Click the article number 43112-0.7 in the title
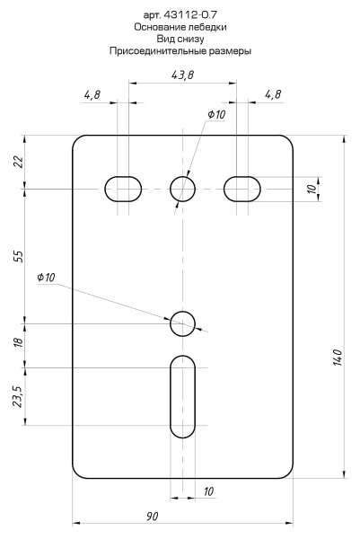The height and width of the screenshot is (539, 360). coord(190,14)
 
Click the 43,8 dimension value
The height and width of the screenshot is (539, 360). coord(182,75)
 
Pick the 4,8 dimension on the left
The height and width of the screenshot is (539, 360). coord(92,94)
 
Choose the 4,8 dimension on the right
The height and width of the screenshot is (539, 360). coord(273,94)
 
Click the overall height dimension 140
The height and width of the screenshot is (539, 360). coord(338,358)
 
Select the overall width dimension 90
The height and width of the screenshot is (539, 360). coord(153,516)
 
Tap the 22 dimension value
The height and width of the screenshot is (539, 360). coord(19,162)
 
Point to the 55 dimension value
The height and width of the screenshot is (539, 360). coord(19,256)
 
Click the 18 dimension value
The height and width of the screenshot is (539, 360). coord(19,342)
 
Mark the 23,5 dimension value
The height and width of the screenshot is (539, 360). coord(19,396)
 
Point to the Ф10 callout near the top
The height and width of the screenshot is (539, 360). coord(216,114)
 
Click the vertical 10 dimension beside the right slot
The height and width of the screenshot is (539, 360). coord(312,189)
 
